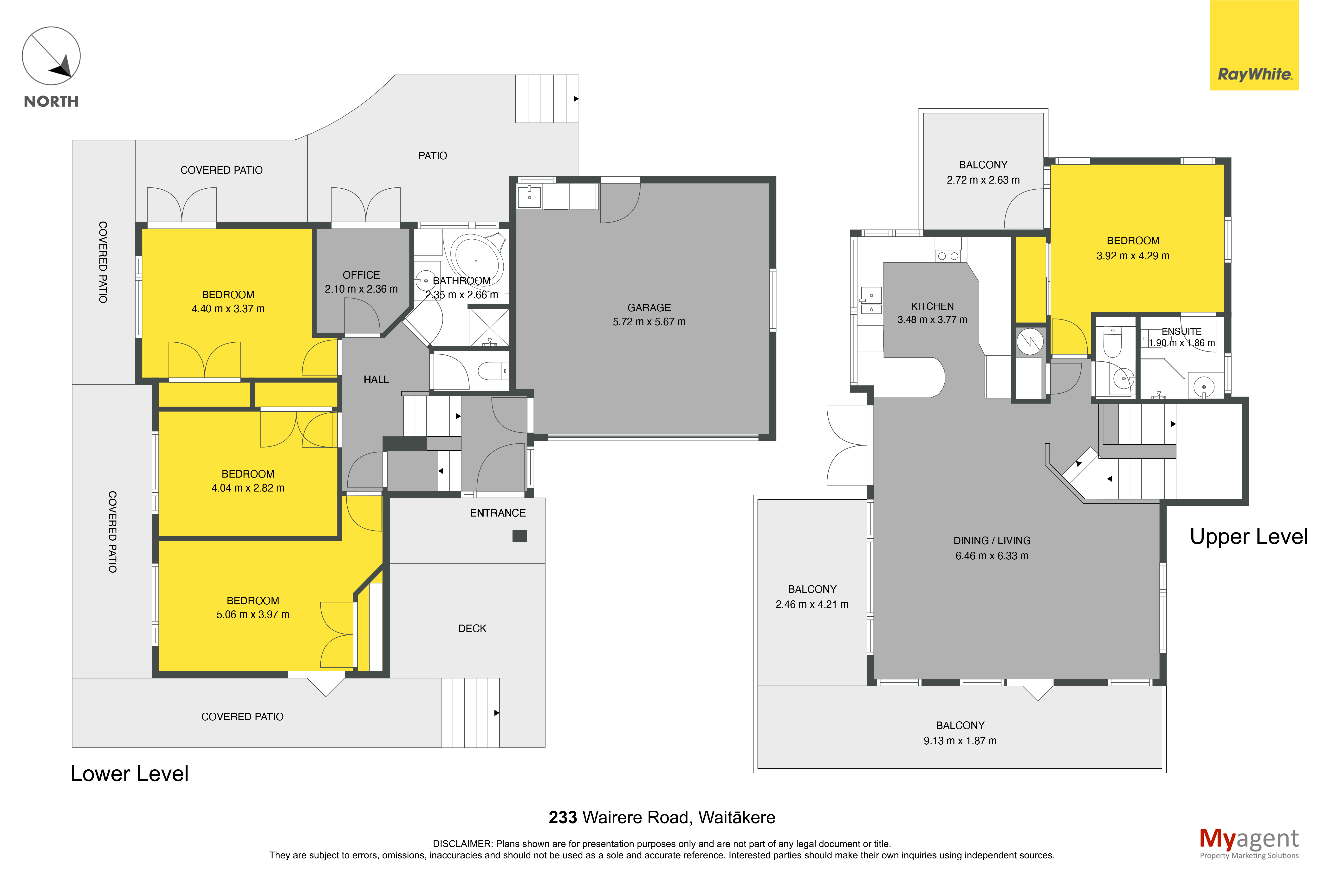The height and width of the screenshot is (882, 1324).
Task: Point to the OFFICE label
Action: pyautogui.click(x=361, y=275)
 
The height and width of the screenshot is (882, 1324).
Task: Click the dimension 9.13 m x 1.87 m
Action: pyautogui.click(x=960, y=741)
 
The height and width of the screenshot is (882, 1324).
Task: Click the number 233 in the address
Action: pyautogui.click(x=563, y=817)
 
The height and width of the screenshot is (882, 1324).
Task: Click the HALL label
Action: pyautogui.click(x=376, y=380)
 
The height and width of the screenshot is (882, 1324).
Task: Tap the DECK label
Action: pyautogui.click(x=472, y=628)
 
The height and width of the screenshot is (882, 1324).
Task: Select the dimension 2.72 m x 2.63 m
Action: pyautogui.click(x=983, y=180)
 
